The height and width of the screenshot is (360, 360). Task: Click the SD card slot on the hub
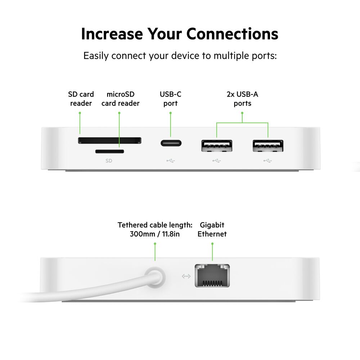click(x=109, y=140)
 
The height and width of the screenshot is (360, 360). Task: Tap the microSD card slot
click(x=109, y=151)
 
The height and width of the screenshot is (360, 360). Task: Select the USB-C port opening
click(x=171, y=142)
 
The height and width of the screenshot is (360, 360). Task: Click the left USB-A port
click(x=216, y=145)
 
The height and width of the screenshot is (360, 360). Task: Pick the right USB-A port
click(x=268, y=145)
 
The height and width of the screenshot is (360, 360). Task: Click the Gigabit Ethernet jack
click(x=212, y=275)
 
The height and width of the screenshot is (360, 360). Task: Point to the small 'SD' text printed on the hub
click(x=109, y=161)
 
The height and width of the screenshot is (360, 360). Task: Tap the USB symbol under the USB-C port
click(x=171, y=161)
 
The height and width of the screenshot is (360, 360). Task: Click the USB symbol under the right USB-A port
click(x=268, y=161)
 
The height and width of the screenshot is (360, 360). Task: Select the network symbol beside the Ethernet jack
click(x=186, y=276)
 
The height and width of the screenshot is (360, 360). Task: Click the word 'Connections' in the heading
click(x=232, y=34)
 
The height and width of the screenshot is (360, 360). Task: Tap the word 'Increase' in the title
click(x=111, y=34)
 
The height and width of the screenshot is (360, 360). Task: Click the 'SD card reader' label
click(x=81, y=99)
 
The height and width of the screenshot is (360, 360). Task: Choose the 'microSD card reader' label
click(x=120, y=99)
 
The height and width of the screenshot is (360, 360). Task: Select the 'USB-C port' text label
click(x=171, y=99)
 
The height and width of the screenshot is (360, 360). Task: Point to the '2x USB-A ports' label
click(x=242, y=99)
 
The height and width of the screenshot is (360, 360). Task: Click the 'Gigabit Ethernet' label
click(x=212, y=229)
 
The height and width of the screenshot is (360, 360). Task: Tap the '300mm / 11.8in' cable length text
click(x=155, y=234)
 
